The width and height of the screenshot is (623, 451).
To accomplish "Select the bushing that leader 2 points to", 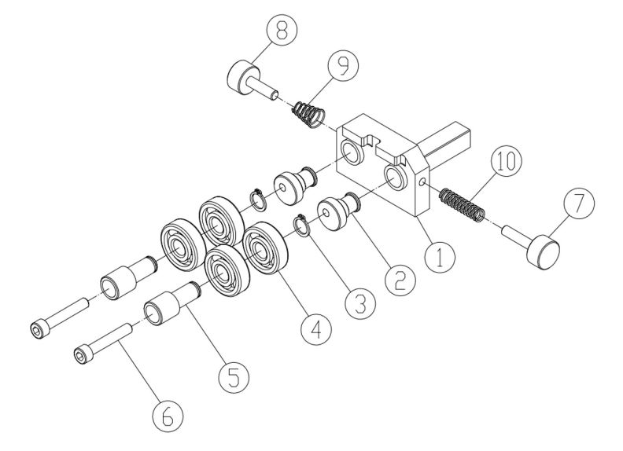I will pos(336,214).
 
